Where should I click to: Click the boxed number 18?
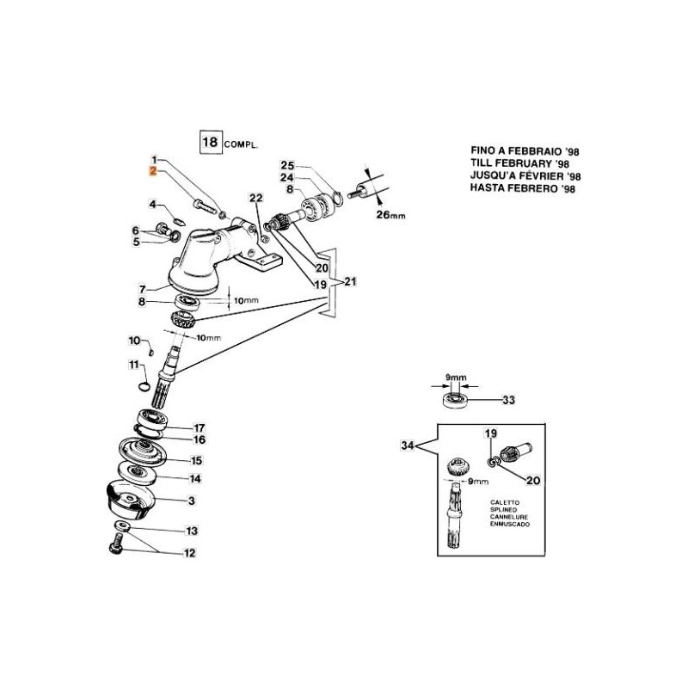coord(209,142)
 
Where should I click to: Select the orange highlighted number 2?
coord(153,172)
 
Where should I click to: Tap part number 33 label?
coord(508,400)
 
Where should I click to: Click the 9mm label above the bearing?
coord(457,377)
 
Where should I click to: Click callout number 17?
coord(199,427)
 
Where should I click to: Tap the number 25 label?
coord(287,165)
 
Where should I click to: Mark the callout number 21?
coord(350,281)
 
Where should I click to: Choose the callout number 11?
coord(133,365)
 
